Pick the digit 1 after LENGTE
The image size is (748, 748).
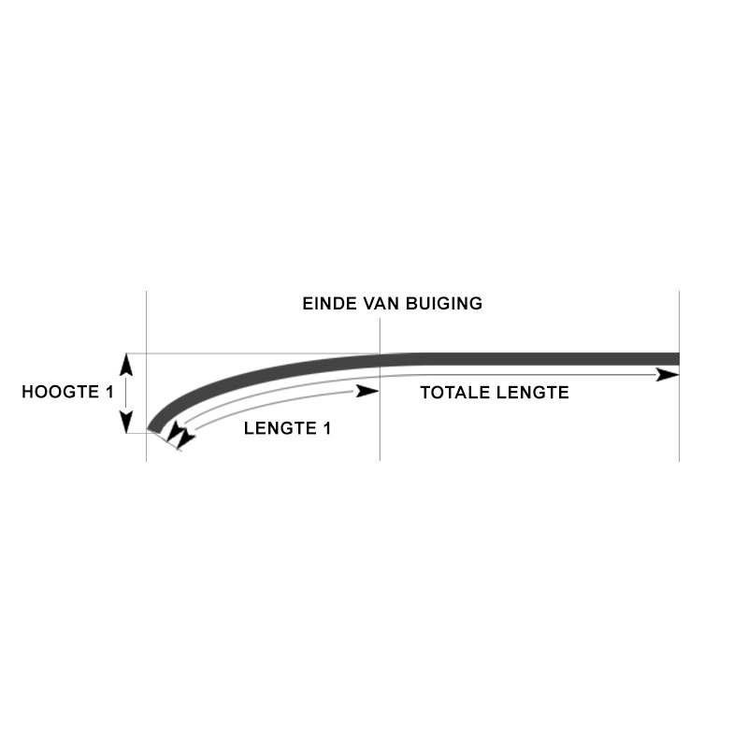pos(326,429)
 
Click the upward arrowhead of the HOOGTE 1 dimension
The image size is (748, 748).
pos(127,363)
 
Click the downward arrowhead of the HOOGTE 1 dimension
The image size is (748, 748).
pos(127,424)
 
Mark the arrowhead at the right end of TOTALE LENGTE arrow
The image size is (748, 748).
pos(668,375)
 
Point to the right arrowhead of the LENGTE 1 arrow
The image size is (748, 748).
pos(368,391)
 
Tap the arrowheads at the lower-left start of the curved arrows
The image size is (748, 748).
pos(179,436)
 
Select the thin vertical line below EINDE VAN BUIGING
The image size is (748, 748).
pos(380,421)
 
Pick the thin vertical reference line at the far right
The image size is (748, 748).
pos(679,421)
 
